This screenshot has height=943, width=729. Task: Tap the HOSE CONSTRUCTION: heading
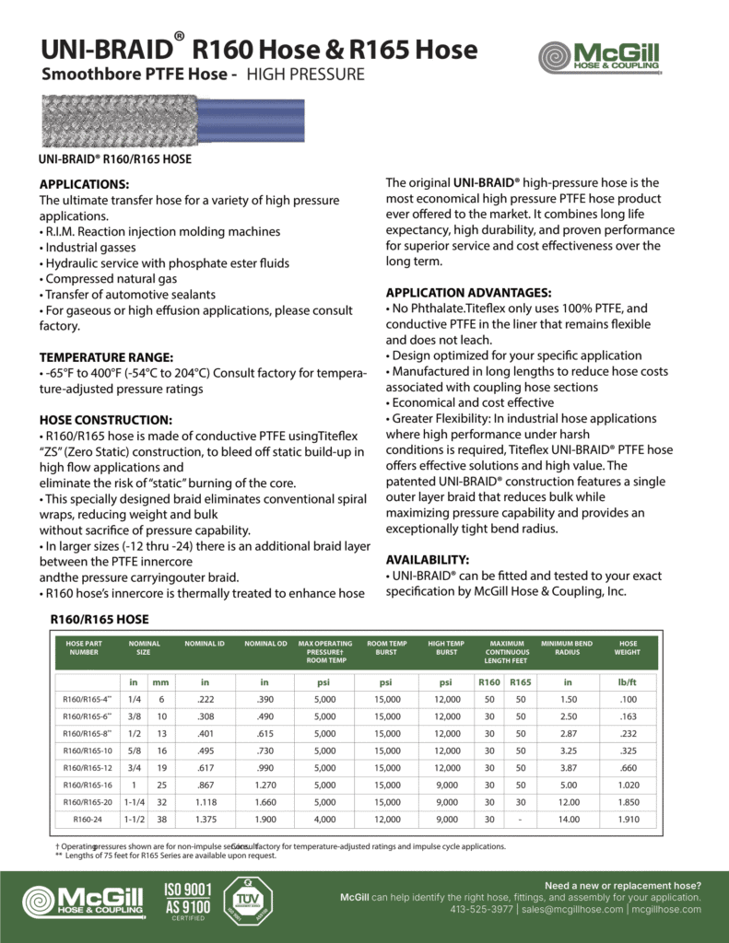tap(105, 419)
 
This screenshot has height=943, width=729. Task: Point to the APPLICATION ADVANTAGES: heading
tap(468, 292)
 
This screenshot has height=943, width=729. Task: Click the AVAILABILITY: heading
tap(427, 559)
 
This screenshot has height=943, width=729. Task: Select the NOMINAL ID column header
tap(205, 644)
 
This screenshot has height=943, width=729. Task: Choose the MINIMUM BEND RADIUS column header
tap(567, 647)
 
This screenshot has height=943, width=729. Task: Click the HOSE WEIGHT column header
tap(628, 647)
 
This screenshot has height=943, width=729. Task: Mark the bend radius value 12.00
tap(567, 801)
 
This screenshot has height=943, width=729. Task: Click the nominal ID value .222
tap(205, 699)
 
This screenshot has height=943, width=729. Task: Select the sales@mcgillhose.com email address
tap(571, 910)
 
